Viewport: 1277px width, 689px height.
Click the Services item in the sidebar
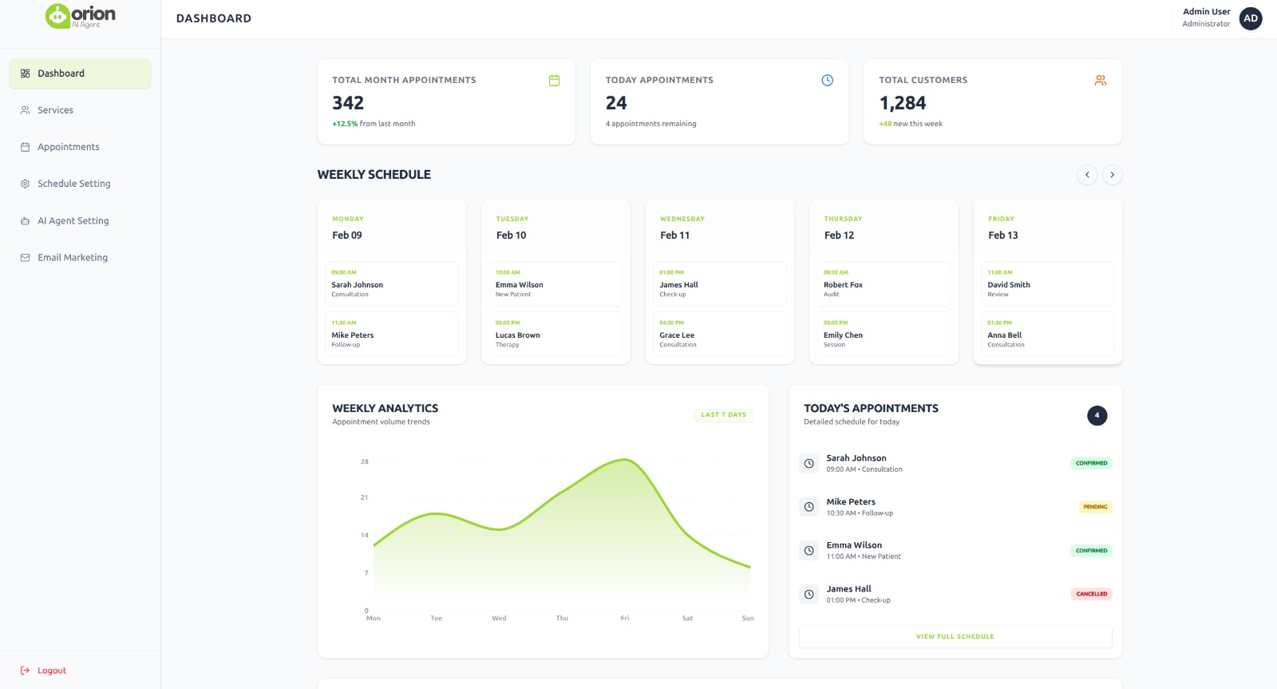click(x=55, y=110)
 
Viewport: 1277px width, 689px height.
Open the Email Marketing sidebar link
click(x=72, y=258)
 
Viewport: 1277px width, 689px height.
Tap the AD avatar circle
click(x=1250, y=18)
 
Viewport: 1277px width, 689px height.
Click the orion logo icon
click(x=57, y=16)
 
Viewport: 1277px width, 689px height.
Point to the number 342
click(x=348, y=103)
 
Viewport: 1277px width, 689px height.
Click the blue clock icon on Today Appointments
click(x=827, y=81)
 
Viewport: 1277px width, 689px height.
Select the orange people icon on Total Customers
click(x=1101, y=81)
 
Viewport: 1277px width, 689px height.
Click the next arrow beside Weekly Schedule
click(x=1112, y=175)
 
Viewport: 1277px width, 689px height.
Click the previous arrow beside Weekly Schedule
click(x=1087, y=175)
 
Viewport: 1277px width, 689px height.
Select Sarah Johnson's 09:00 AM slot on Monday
click(x=391, y=283)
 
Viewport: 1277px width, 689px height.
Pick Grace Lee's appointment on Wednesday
click(x=719, y=334)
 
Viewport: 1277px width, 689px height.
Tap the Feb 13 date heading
click(x=1003, y=236)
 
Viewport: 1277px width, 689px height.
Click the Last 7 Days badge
click(x=723, y=415)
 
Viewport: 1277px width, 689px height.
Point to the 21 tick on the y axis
click(x=364, y=497)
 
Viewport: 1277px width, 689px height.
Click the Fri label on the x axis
click(x=625, y=619)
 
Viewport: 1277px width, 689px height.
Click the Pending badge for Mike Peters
click(x=1095, y=507)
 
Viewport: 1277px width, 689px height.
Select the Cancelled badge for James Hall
click(x=1091, y=594)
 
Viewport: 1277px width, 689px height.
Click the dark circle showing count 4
click(x=1097, y=415)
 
